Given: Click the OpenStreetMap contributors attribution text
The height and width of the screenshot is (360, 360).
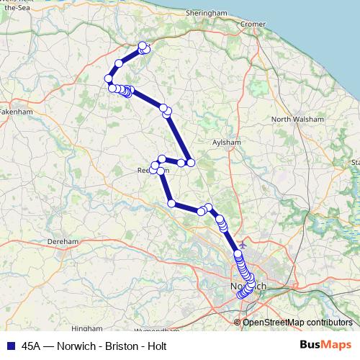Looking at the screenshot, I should pyautogui.click(x=297, y=322).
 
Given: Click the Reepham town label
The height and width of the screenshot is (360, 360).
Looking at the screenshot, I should pyautogui.click(x=152, y=171).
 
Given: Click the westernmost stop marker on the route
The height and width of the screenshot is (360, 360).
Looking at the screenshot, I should pyautogui.click(x=108, y=78).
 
